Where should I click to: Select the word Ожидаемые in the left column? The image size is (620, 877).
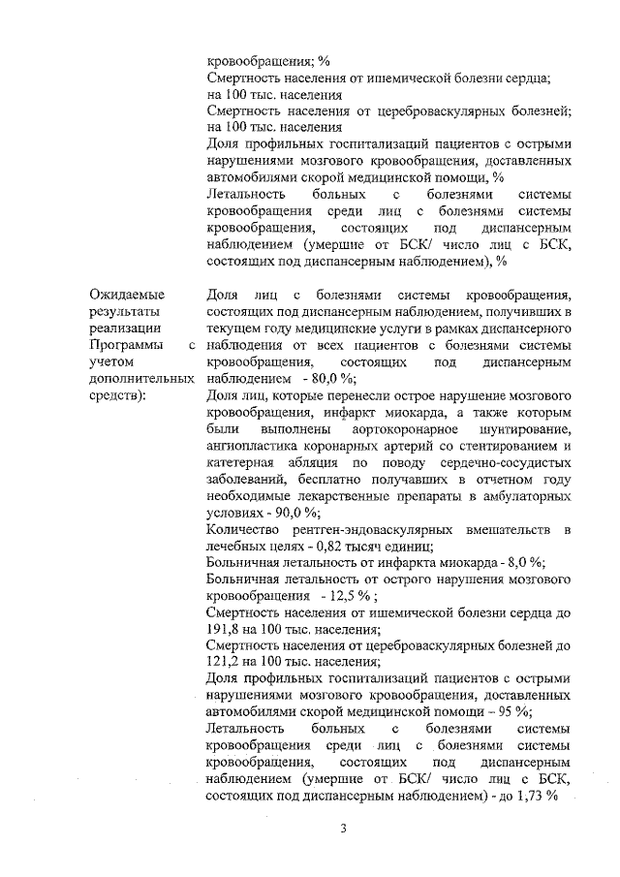point(127,295)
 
